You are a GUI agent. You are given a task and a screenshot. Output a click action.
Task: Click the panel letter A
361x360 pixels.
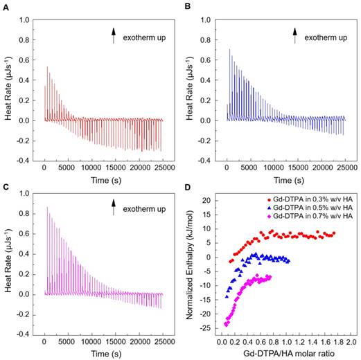[6, 6]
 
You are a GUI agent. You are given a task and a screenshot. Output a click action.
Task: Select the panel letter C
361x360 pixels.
[6, 186]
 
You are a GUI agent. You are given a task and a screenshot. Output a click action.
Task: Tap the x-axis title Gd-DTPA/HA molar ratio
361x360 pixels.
[285, 353]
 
